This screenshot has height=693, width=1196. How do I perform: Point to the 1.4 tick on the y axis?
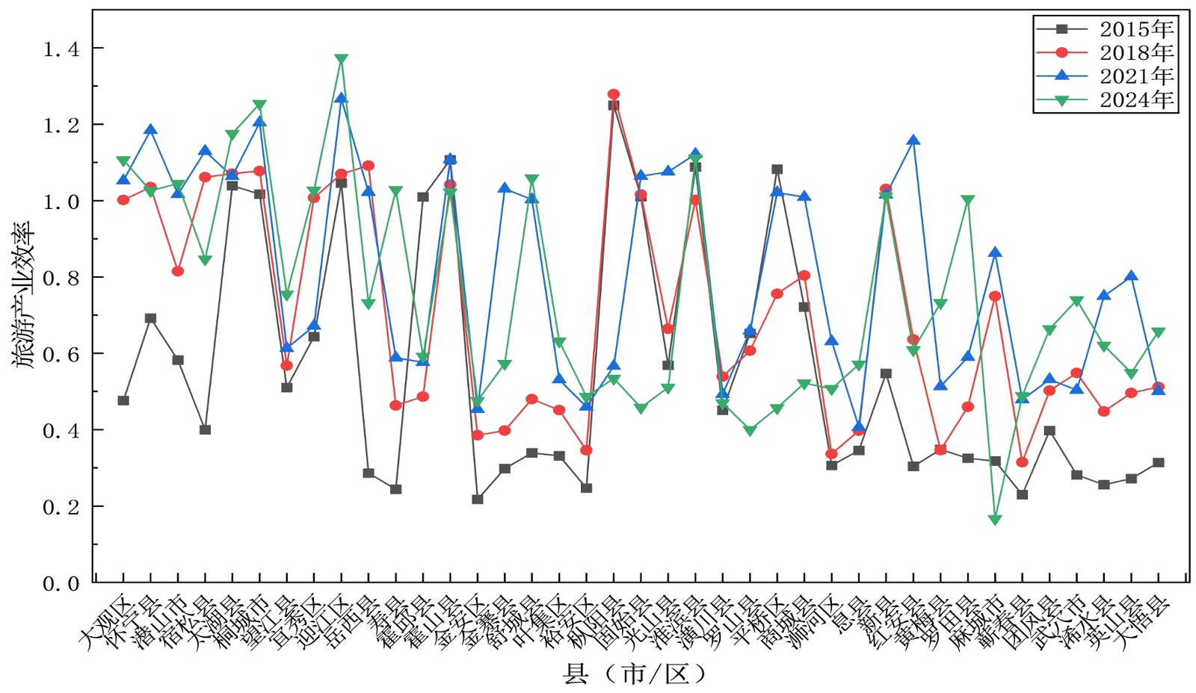tap(61, 49)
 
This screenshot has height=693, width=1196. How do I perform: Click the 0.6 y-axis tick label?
tap(61, 355)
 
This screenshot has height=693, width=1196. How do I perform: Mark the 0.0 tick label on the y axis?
tap(61, 584)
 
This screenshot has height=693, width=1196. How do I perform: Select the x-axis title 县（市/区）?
tap(634, 674)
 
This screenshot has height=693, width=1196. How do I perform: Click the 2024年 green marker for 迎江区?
tap(341, 59)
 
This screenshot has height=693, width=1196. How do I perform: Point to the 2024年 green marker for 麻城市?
tap(995, 520)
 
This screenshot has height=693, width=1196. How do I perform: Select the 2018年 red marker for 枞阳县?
tap(614, 95)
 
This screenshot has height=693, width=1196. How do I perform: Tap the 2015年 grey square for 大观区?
tap(123, 401)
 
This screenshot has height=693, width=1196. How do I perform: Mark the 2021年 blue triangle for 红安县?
tap(913, 140)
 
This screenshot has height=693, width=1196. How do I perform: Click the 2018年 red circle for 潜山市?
tap(178, 271)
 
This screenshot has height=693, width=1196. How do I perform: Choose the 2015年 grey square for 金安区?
tap(478, 499)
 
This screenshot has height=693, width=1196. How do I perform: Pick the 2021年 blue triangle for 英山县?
tap(1131, 276)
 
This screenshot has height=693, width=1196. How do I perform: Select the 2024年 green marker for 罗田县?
tap(968, 201)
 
